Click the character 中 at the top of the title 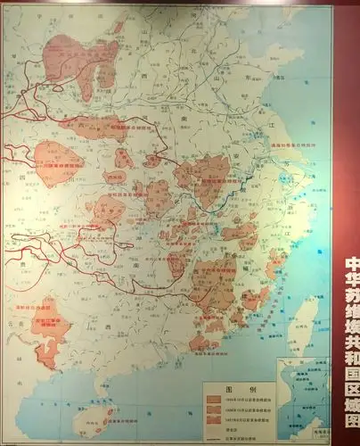351,265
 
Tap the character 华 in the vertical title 351,284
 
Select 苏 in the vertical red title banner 351,303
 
